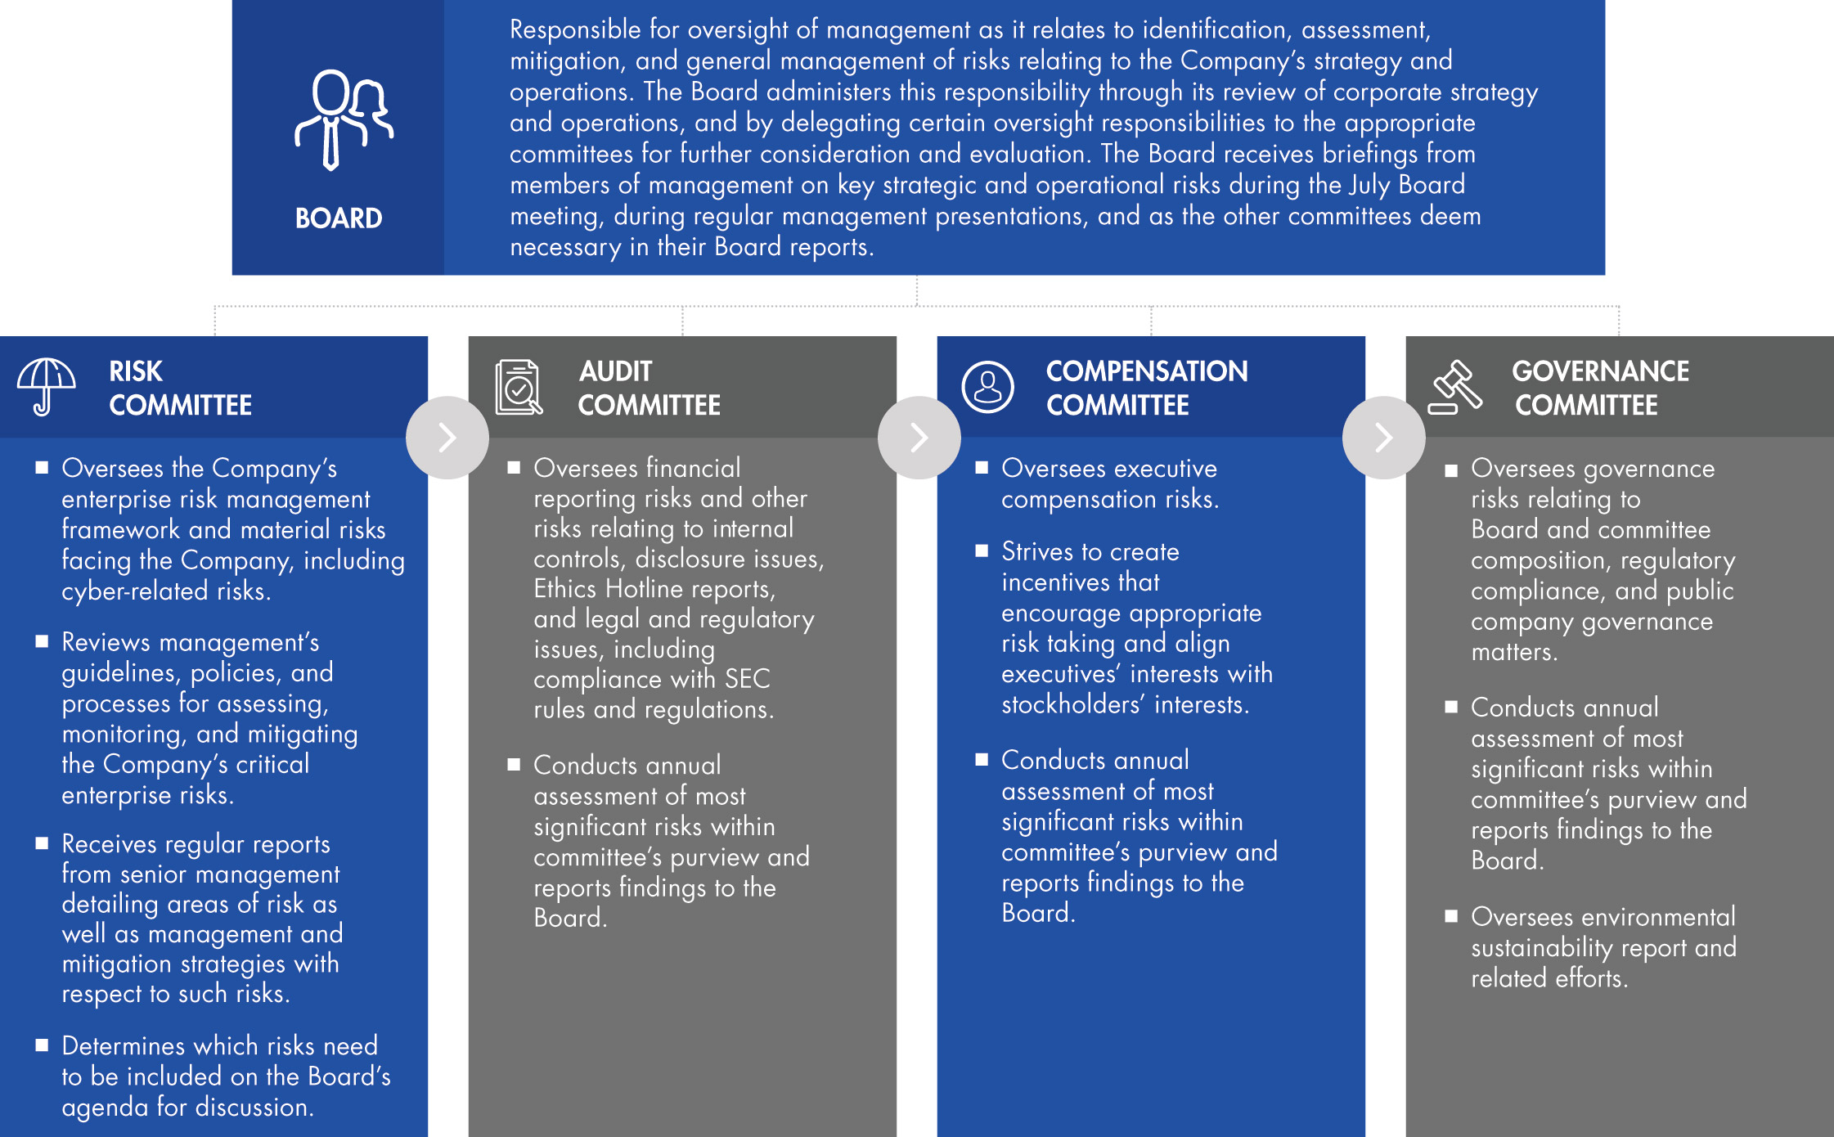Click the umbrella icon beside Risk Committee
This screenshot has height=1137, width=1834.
pos(46,387)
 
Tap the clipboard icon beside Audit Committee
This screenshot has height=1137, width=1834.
pos(518,387)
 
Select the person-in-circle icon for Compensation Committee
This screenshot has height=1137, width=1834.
pos(987,387)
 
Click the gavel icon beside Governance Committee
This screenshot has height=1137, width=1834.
pos(1455,387)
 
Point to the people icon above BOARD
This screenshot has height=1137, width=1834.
pos(343,119)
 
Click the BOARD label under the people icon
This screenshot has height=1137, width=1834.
pos(339,218)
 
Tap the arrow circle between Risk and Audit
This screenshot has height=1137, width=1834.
pos(447,438)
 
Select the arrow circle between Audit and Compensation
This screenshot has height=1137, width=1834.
pos(919,438)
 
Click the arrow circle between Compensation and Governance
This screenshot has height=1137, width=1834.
pos(1383,438)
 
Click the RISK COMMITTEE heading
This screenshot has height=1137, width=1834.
pos(180,388)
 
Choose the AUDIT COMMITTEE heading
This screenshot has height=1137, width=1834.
pos(649,388)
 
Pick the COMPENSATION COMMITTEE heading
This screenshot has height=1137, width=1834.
pos(1146,388)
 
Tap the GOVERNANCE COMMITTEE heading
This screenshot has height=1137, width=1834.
pos(1599,388)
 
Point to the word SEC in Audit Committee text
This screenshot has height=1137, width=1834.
pos(747,679)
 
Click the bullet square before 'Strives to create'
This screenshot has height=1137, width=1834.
pos(982,551)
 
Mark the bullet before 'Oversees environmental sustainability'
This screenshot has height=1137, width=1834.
pos(1451,916)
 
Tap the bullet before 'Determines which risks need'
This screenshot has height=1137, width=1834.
pos(42,1045)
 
